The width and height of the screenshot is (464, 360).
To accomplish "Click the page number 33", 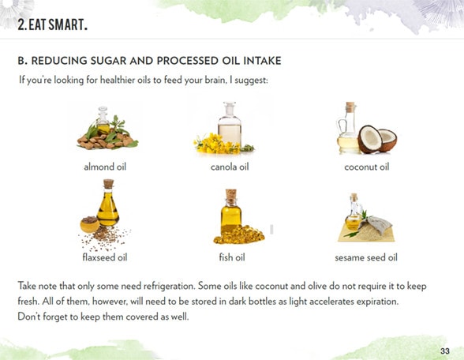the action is point(445,351).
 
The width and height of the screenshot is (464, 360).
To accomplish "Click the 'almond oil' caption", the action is point(105,167).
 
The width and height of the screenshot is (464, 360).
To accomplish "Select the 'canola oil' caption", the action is point(230,167).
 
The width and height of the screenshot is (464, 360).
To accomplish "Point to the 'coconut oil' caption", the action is point(367,167).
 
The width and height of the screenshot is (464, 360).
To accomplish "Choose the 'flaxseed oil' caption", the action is point(105,257).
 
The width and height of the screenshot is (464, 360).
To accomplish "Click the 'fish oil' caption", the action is point(232,257).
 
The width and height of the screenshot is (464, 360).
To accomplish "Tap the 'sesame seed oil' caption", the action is point(366,257).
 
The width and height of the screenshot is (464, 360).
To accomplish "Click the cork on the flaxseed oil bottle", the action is point(109,183).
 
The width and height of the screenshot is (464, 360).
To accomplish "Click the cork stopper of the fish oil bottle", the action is point(231,194).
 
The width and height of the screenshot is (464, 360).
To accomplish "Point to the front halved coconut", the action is point(369,139).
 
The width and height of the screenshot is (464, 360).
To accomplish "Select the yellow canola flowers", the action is point(217,144).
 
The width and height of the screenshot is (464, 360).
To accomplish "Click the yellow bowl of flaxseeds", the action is point(90,224).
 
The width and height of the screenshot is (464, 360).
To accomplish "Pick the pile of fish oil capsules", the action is point(240,235).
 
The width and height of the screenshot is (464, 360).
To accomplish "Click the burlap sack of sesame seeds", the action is point(375,224).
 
